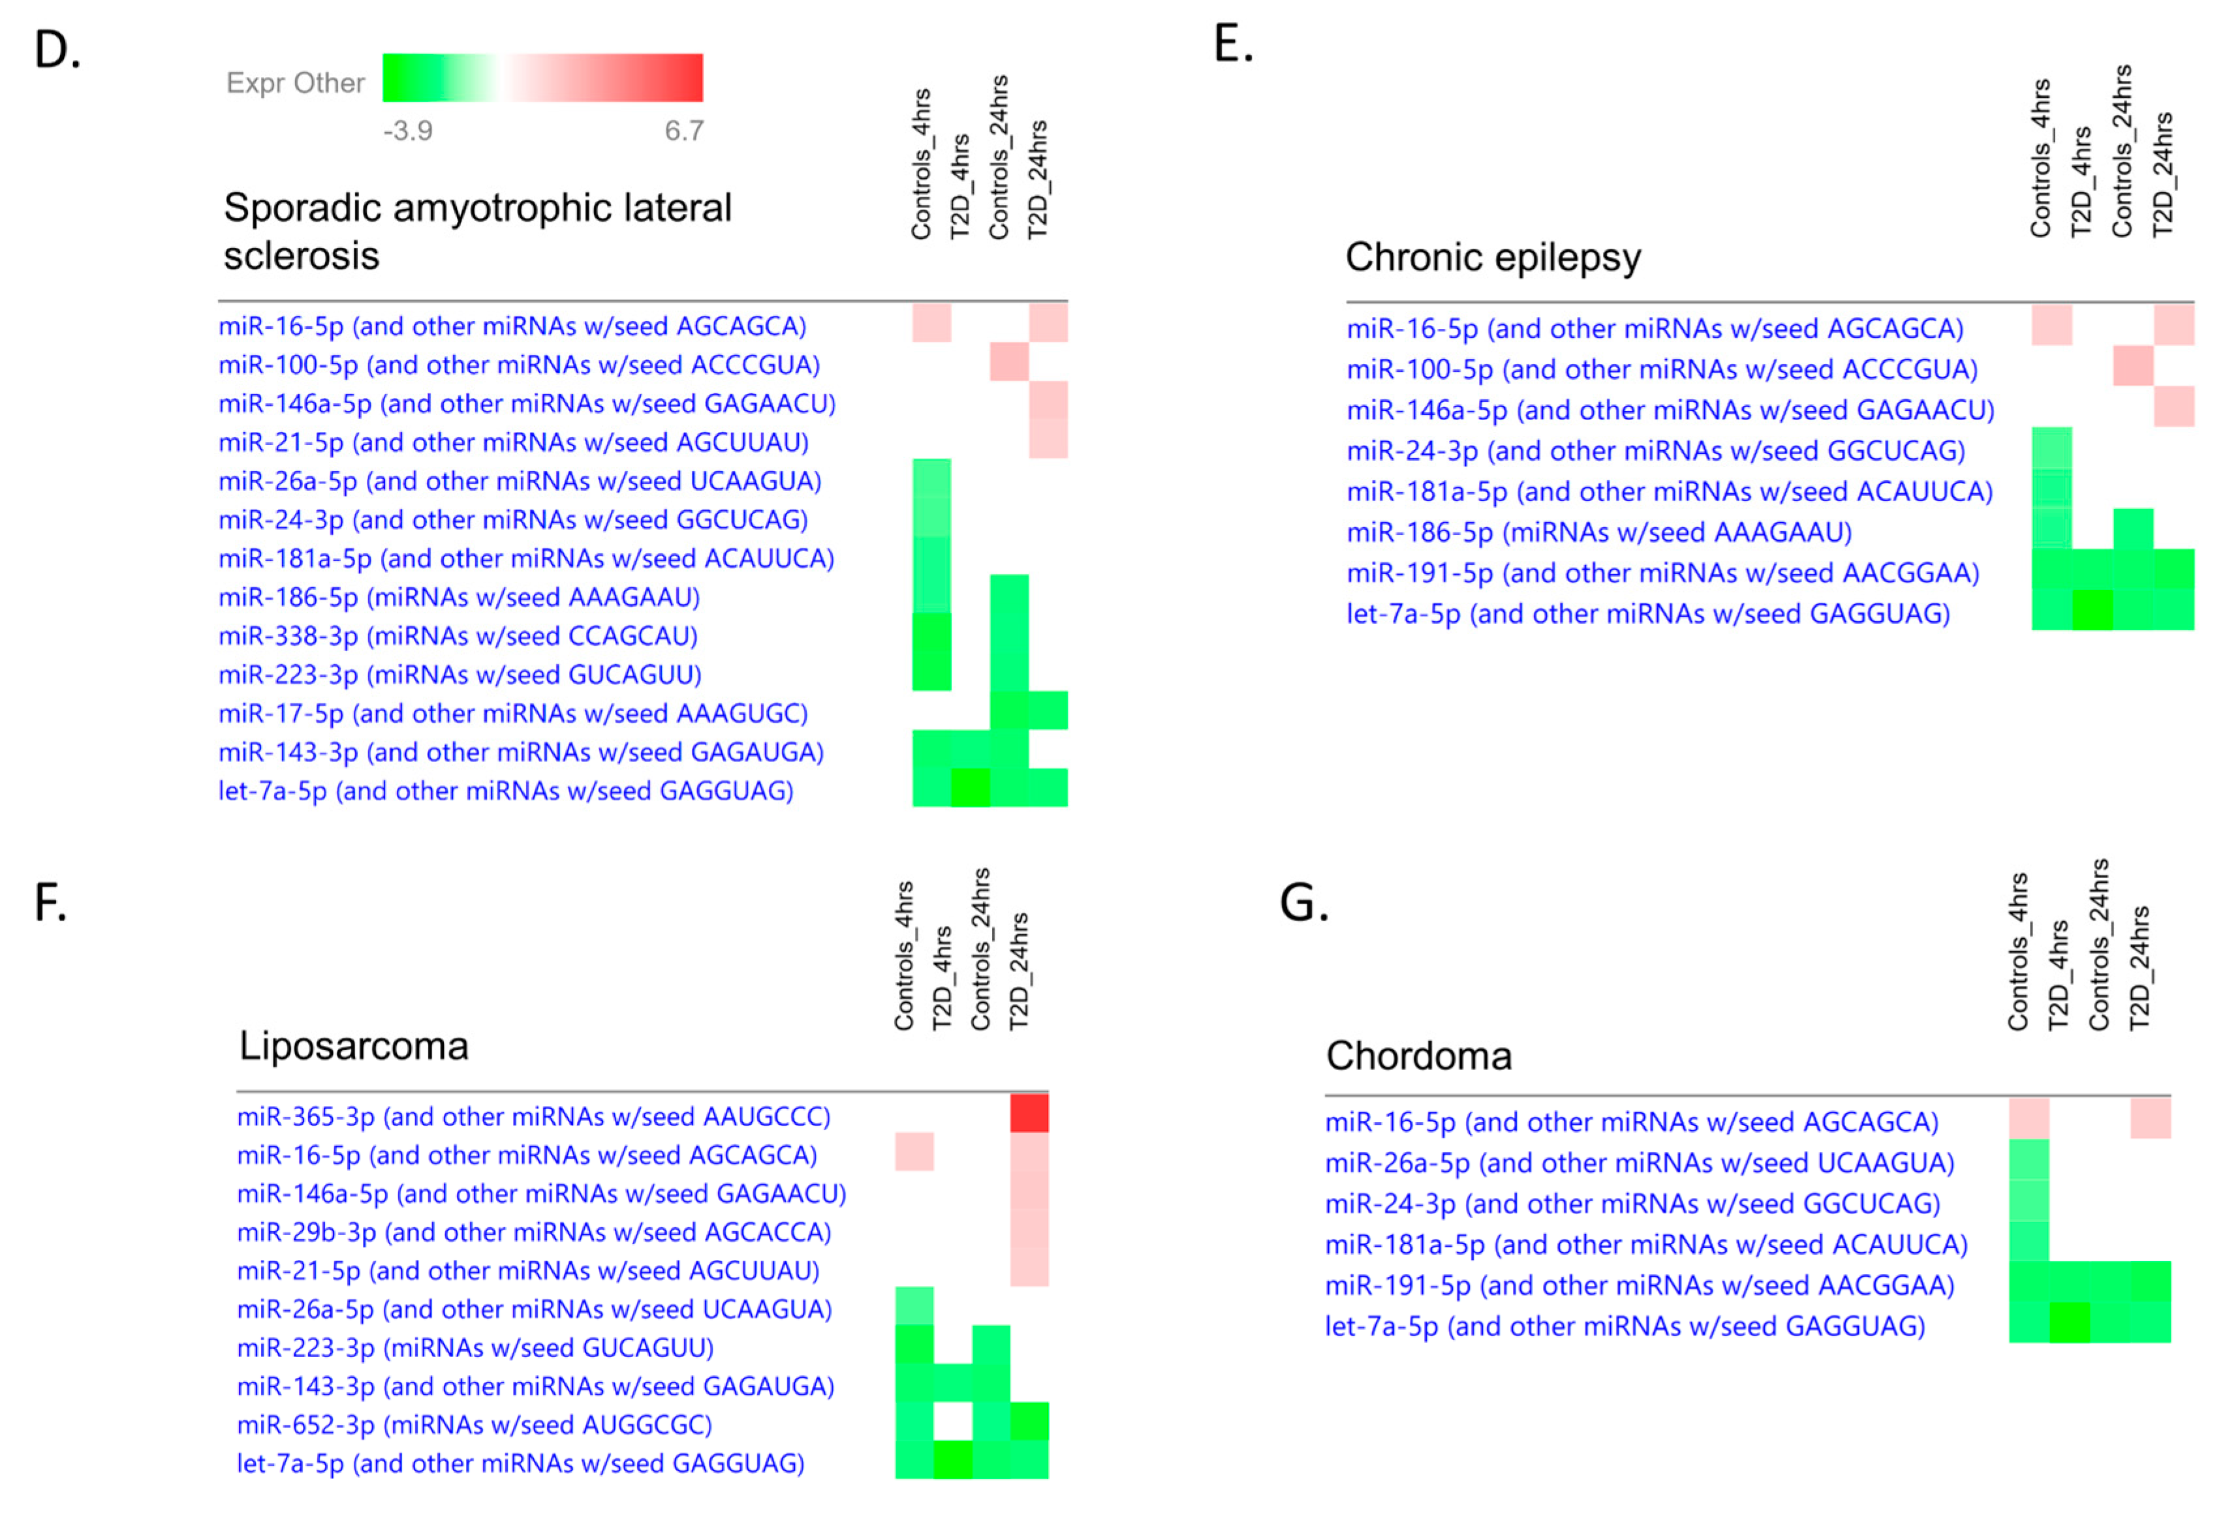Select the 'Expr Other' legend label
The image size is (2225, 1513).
pos(295,84)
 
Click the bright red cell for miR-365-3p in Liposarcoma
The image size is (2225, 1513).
pos(1029,1114)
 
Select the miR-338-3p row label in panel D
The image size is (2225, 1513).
pos(458,635)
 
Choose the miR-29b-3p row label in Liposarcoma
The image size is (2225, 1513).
pos(533,1232)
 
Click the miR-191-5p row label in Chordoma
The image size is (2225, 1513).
pos(1639,1285)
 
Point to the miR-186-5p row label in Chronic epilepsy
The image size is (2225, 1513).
pos(1599,532)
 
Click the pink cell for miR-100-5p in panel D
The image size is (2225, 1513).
pos(1009,363)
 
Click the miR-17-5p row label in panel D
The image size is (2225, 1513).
pos(512,713)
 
